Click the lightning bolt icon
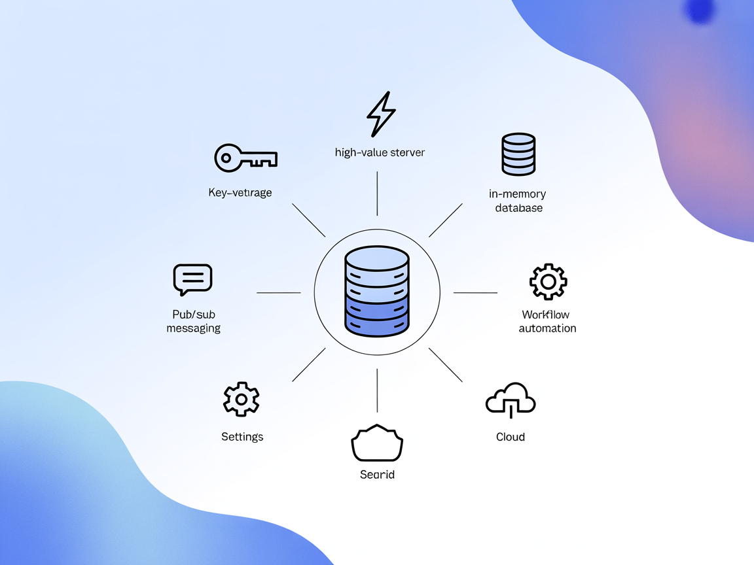381,114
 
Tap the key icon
245,158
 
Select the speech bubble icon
192,280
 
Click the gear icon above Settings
242,399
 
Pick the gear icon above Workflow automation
548,282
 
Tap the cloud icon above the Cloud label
511,399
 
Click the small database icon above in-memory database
518,154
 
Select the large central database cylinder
377,291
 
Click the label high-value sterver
380,152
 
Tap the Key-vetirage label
240,192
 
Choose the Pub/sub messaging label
193,321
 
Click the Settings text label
242,436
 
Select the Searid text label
377,474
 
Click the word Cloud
511,436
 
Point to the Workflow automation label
548,321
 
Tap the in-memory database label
518,201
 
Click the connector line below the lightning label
377,194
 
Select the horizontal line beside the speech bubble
279,293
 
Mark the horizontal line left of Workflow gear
475,293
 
